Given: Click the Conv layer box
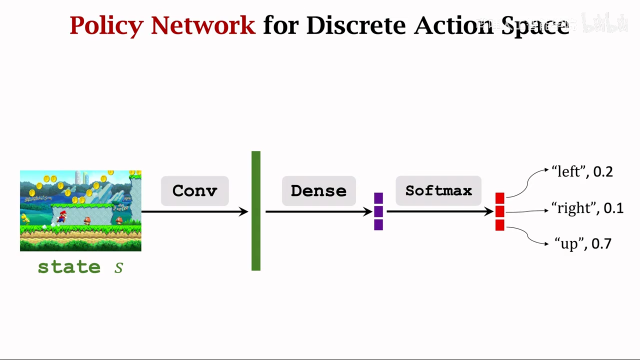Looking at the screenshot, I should [194, 191].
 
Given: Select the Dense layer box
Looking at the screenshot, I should [318, 191].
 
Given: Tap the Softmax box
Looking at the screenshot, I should [438, 191].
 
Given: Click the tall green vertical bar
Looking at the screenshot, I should [256, 210].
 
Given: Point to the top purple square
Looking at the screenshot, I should [378, 198].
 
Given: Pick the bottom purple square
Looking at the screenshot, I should [378, 225].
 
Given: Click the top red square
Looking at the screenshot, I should [500, 198].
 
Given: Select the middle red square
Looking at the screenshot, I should [500, 212].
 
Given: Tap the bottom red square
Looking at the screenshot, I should [500, 225].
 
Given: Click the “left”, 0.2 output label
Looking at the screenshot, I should [582, 172].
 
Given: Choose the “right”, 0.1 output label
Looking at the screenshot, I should [587, 208].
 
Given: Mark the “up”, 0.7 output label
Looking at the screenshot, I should [582, 244].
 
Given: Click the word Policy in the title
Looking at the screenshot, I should [106, 25].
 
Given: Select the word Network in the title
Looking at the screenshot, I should [203, 25].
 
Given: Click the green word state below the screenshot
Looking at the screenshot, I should [69, 267].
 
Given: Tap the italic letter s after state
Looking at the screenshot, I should [118, 267].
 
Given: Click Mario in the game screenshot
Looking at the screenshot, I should [62, 216].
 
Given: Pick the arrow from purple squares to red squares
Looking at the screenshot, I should [440, 212].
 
